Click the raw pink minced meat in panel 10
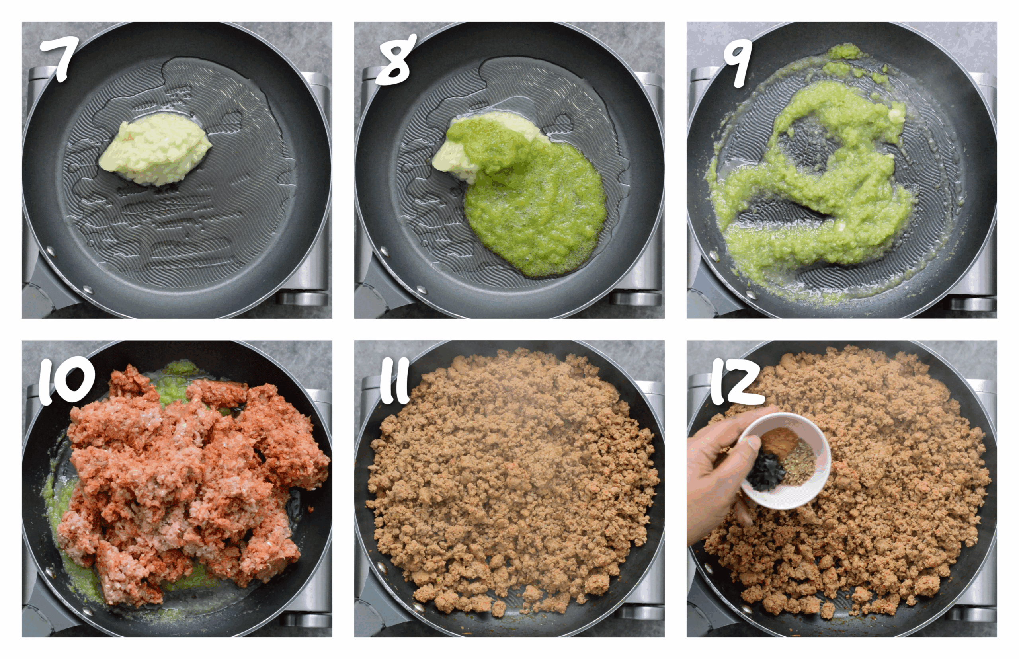(188, 479)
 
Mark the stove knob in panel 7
(302, 299)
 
